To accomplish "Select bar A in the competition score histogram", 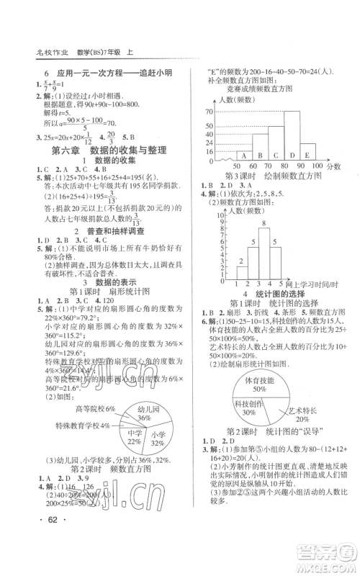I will (x=243, y=156).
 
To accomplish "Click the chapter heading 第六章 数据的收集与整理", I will (x=108, y=150).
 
